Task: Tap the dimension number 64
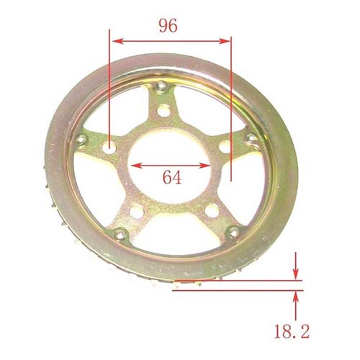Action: pos(171,176)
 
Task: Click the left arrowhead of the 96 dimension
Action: pos(114,41)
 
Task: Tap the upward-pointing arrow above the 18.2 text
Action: pos(295,297)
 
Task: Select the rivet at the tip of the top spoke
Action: pos(162,87)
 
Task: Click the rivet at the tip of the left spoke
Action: pos(81,139)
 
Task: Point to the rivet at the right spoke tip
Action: pos(250,138)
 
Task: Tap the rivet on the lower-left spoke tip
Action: pos(120,234)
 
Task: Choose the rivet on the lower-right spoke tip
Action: pos(233,232)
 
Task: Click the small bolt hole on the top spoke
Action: pos(165,110)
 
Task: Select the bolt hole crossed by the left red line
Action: pos(109,148)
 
